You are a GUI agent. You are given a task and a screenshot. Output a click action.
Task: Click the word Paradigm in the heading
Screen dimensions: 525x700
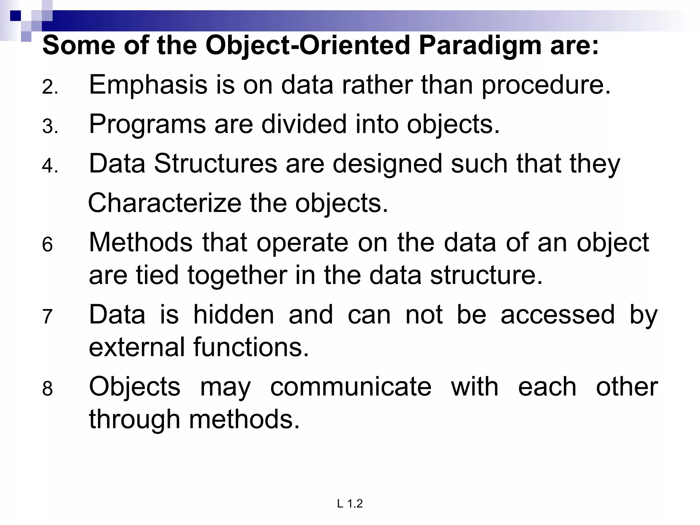click(480, 46)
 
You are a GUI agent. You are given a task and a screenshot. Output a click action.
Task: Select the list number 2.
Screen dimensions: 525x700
click(49, 87)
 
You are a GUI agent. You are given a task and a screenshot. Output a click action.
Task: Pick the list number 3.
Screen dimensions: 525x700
click(49, 126)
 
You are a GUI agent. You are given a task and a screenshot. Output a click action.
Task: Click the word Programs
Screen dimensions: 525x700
click(147, 124)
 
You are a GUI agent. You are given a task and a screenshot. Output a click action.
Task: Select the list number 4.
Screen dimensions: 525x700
click(49, 166)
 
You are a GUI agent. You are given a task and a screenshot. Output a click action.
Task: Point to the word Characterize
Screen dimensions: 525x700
click(164, 203)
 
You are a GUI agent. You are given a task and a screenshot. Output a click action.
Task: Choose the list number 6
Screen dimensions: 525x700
click(48, 245)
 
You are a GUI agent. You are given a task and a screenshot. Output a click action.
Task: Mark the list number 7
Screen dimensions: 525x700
click(48, 317)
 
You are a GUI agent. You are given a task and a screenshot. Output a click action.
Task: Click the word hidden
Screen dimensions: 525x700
click(234, 314)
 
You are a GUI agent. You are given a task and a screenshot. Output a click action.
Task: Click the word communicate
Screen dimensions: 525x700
click(351, 387)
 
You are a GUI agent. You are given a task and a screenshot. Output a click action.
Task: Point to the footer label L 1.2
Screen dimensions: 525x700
click(350, 503)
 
